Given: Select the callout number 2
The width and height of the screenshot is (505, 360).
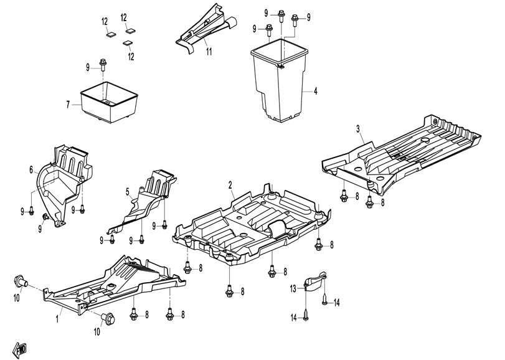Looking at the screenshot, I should click(230, 185).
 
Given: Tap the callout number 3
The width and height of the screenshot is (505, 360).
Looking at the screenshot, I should click(358, 129).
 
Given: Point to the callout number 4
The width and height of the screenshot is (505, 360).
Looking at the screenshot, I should click(316, 92).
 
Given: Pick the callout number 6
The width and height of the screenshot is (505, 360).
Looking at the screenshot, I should click(31, 169).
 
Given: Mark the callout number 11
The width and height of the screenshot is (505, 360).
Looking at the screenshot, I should click(209, 52).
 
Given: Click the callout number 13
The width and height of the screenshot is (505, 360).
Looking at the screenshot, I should click(293, 288).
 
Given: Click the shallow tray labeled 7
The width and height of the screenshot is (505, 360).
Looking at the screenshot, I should click(109, 100).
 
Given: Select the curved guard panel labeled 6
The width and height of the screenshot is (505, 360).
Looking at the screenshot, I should click(62, 181).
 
